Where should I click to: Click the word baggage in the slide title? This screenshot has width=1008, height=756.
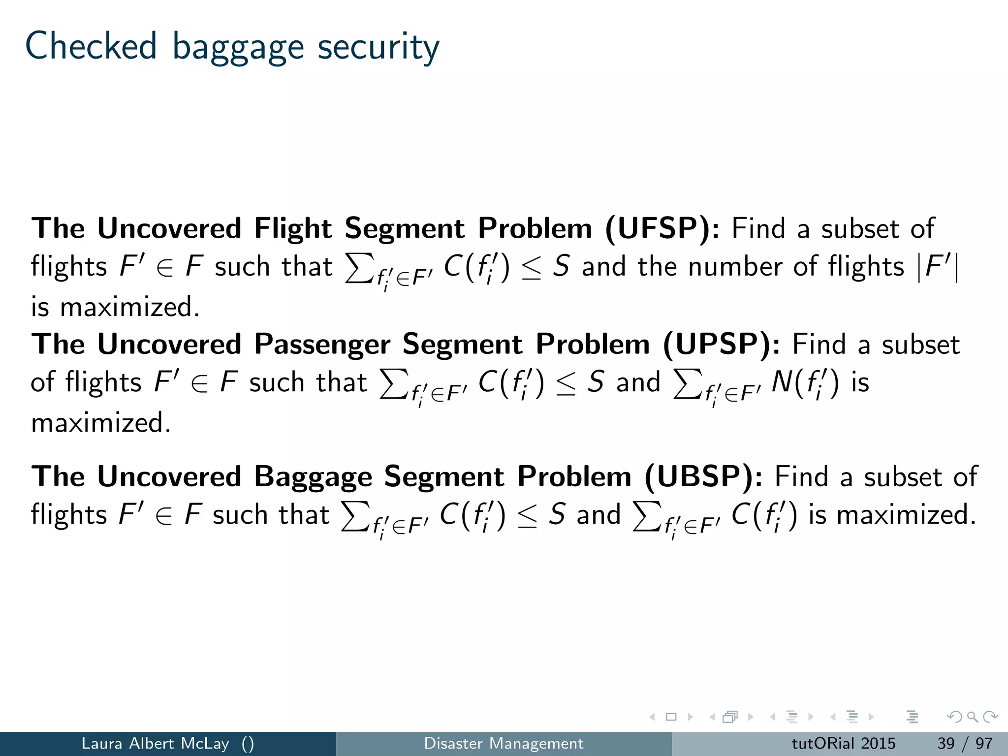click(x=238, y=48)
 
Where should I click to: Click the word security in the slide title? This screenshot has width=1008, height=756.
click(x=378, y=48)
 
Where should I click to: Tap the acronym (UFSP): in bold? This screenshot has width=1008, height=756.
click(x=661, y=229)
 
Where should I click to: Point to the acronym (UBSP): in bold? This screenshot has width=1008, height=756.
click(x=703, y=477)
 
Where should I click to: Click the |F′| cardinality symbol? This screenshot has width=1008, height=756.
click(x=939, y=267)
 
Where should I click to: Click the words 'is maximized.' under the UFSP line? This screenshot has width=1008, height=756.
click(x=115, y=307)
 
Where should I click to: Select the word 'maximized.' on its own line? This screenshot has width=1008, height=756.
click(x=101, y=423)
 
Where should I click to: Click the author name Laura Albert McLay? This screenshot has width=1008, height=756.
click(x=155, y=743)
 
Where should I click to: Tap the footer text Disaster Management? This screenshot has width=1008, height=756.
click(x=504, y=743)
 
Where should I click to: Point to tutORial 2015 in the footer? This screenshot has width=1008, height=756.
click(x=843, y=743)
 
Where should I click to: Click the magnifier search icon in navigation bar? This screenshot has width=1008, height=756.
click(x=972, y=717)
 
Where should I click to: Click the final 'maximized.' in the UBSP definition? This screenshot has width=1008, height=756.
click(x=906, y=515)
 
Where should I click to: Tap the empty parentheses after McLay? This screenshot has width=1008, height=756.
click(x=248, y=744)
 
